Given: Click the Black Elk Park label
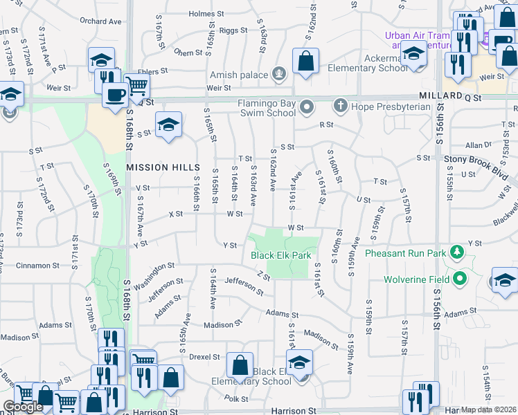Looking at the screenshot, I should click(280, 255).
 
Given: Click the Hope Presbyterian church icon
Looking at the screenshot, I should click(339, 107).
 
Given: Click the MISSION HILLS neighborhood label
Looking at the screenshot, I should click(163, 168).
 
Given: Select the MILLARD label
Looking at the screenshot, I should click(440, 95).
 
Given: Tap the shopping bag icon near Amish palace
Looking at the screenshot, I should click(305, 61).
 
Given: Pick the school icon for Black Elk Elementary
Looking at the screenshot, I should click(299, 362).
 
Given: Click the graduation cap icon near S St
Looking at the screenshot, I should click(168, 125).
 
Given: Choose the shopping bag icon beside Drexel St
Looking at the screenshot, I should click(239, 365).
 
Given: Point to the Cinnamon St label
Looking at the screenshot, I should click(39, 266).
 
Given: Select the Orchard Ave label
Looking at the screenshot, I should click(100, 21).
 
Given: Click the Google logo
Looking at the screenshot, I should click(23, 407).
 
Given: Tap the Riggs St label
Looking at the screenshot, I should click(233, 30).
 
